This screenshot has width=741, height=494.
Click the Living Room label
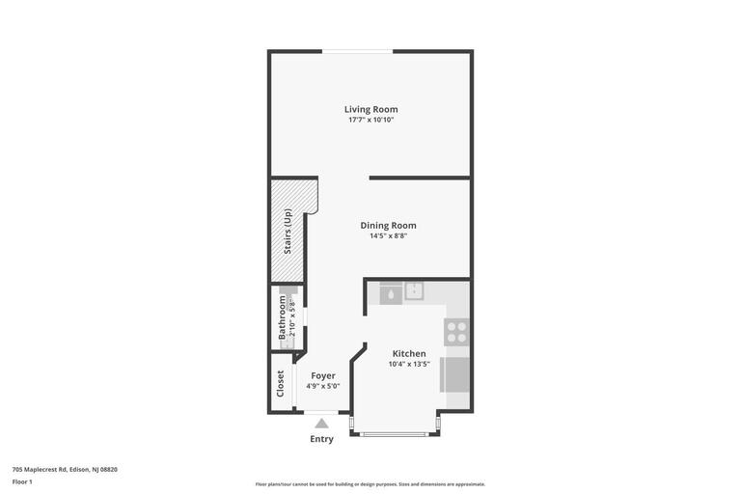click(370, 109)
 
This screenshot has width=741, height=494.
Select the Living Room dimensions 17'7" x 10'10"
click(370, 120)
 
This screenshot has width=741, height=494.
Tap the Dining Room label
click(388, 225)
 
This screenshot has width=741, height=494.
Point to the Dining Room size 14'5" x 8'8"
click(388, 235)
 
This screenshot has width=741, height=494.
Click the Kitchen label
click(408, 353)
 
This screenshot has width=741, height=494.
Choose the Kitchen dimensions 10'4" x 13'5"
click(408, 364)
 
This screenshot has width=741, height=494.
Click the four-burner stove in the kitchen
click(455, 332)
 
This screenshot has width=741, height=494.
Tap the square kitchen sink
click(414, 291)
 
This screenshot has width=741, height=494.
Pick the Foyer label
click(322, 375)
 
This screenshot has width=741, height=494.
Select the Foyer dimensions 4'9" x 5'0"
click(322, 386)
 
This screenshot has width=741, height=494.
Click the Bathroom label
click(282, 317)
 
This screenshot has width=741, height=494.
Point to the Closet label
click(281, 383)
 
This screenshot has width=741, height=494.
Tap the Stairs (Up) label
click(288, 232)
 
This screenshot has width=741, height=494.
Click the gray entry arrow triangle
click(321, 423)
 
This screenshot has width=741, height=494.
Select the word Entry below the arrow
click(321, 439)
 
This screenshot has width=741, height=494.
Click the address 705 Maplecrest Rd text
click(65, 469)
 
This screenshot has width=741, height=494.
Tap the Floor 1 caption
click(22, 481)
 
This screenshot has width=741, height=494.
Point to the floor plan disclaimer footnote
click(370, 484)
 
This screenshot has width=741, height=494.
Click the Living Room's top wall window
click(357, 51)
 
